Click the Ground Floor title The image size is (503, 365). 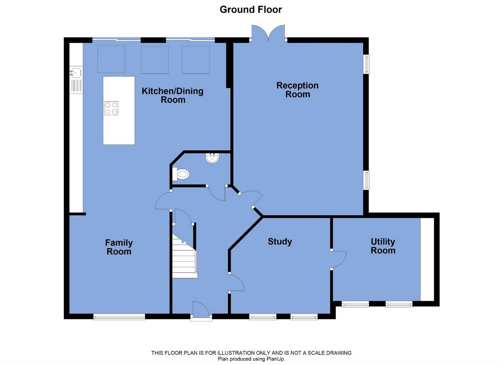[251, 10]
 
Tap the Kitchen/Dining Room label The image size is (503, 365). [173, 95]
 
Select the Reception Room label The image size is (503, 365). [298, 90]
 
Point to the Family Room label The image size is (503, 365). [119, 247]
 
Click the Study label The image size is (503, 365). [280, 241]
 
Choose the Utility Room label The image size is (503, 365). [383, 246]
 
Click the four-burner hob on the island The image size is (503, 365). [111, 108]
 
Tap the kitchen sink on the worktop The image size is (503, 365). [76, 80]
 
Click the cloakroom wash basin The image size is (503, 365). [212, 158]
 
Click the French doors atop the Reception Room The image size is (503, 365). [268, 33]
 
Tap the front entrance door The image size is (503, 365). [201, 311]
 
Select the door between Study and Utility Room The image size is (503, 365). [339, 259]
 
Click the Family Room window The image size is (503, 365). [119, 317]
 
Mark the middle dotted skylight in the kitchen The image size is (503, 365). [155, 60]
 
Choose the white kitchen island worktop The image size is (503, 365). [119, 111]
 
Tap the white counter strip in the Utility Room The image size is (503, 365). [427, 259]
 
